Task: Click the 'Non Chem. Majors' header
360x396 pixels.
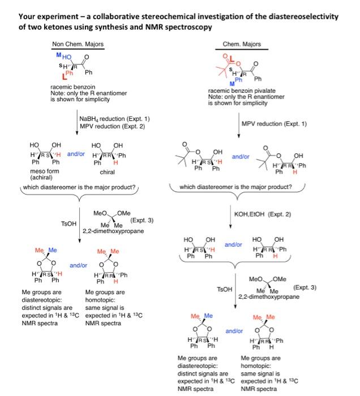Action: (x=78, y=45)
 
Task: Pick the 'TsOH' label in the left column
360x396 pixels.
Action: (x=67, y=224)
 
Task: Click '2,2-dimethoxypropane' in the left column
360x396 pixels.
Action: (x=108, y=231)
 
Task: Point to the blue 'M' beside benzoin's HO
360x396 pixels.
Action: (x=59, y=55)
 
